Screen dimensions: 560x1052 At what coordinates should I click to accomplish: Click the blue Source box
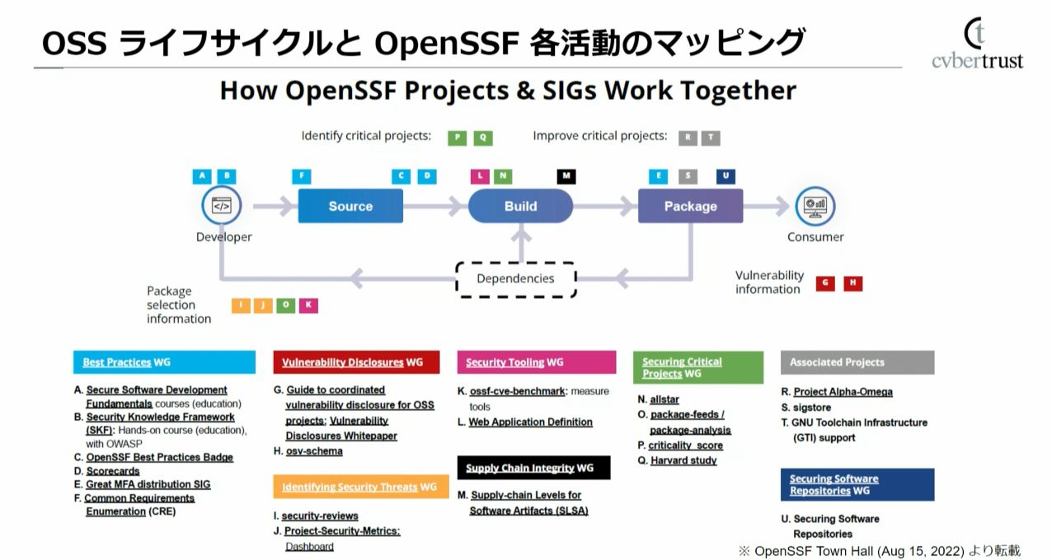(350, 206)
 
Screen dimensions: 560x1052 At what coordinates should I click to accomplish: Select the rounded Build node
(520, 206)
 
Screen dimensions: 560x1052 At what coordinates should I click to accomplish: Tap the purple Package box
(690, 206)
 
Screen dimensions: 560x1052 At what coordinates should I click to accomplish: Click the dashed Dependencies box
(515, 278)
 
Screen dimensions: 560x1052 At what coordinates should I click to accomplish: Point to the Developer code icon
(222, 206)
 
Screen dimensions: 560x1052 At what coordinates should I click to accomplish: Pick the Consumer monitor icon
(815, 206)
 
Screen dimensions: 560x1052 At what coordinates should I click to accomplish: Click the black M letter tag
(566, 176)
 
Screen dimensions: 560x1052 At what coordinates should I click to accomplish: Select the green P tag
(458, 138)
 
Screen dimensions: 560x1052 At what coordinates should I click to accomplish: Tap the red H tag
(852, 283)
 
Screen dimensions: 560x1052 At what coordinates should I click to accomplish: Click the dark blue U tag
(726, 176)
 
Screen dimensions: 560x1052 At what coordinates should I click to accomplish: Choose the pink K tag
(308, 306)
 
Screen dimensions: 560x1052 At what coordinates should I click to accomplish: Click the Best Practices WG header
(165, 362)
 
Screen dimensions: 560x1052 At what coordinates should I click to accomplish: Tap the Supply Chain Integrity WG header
(533, 468)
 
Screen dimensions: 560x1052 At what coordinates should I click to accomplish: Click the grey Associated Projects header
(857, 362)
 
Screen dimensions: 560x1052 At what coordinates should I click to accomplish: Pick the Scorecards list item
(113, 471)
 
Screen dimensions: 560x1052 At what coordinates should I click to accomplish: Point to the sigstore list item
(812, 408)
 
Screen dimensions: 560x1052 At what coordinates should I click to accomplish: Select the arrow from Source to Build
(435, 206)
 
